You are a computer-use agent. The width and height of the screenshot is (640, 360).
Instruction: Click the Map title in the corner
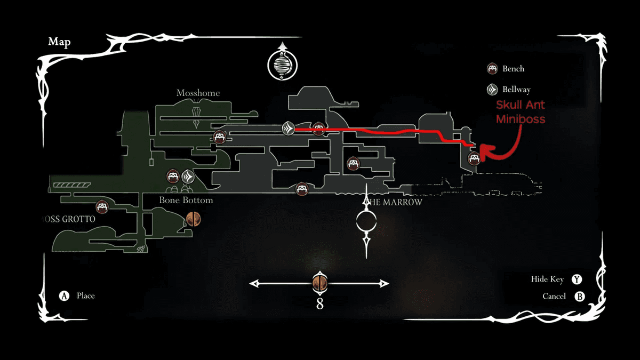[59, 42]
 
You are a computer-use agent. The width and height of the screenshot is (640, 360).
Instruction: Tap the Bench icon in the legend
[493, 69]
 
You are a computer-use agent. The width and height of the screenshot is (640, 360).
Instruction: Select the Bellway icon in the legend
[493, 90]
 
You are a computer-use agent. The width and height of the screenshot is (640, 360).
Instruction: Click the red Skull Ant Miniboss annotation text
[521, 112]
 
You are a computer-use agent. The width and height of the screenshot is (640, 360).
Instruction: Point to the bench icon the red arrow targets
[474, 158]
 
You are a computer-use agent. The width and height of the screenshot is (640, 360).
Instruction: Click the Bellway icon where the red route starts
[289, 128]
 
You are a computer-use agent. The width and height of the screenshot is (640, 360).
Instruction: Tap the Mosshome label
[198, 93]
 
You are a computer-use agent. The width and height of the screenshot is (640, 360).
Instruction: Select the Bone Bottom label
[186, 201]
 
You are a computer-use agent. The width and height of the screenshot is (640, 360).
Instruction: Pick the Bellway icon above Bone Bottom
[188, 176]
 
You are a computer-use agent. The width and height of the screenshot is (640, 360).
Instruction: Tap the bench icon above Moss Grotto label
[102, 207]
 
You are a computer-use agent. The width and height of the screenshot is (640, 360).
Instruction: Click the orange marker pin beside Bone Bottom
[193, 218]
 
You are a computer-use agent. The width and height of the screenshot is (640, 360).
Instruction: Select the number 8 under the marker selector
[319, 304]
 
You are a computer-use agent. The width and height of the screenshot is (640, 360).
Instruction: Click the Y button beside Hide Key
[577, 279]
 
